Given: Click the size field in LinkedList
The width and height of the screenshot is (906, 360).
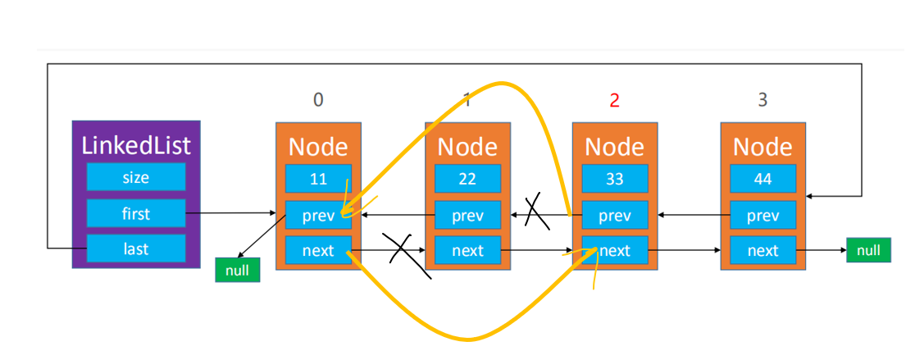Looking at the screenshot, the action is point(136,177).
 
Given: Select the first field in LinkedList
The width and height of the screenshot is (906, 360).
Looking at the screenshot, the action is point(136,213).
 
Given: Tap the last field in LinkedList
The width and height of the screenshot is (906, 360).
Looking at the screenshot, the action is point(136,248).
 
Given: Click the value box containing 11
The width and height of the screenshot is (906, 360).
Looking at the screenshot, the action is point(318,179).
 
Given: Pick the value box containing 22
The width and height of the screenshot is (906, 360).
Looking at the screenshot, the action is point(467,179).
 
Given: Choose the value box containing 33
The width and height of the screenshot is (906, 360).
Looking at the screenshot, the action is point(615,179).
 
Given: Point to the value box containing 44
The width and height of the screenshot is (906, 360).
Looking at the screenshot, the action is point(763,179).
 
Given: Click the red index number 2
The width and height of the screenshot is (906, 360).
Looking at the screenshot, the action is point(614,101).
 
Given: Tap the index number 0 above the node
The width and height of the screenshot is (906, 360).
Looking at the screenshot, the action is point(318,101).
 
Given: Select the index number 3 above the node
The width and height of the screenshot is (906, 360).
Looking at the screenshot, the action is point(763,101).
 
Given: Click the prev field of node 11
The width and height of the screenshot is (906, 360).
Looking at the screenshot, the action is point(318,215).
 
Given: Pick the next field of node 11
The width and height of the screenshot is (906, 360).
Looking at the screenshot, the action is point(318,250).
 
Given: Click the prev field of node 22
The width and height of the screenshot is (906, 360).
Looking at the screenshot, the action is point(467,215).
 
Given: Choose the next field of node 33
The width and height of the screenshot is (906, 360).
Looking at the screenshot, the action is point(615,250).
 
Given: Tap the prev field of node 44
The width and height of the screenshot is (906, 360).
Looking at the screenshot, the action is point(763,215).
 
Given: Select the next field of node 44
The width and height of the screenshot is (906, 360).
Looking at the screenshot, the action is point(763,250).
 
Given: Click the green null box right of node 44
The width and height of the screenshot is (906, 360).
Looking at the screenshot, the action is point(868,249).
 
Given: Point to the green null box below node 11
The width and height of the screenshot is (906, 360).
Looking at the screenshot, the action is point(238,270).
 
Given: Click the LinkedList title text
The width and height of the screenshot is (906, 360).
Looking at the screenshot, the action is point(136,145).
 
